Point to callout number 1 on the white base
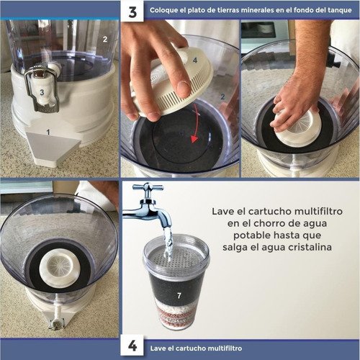(48, 132)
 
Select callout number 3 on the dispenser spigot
(41, 91)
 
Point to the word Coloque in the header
(165, 12)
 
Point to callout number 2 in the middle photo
(223, 96)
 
